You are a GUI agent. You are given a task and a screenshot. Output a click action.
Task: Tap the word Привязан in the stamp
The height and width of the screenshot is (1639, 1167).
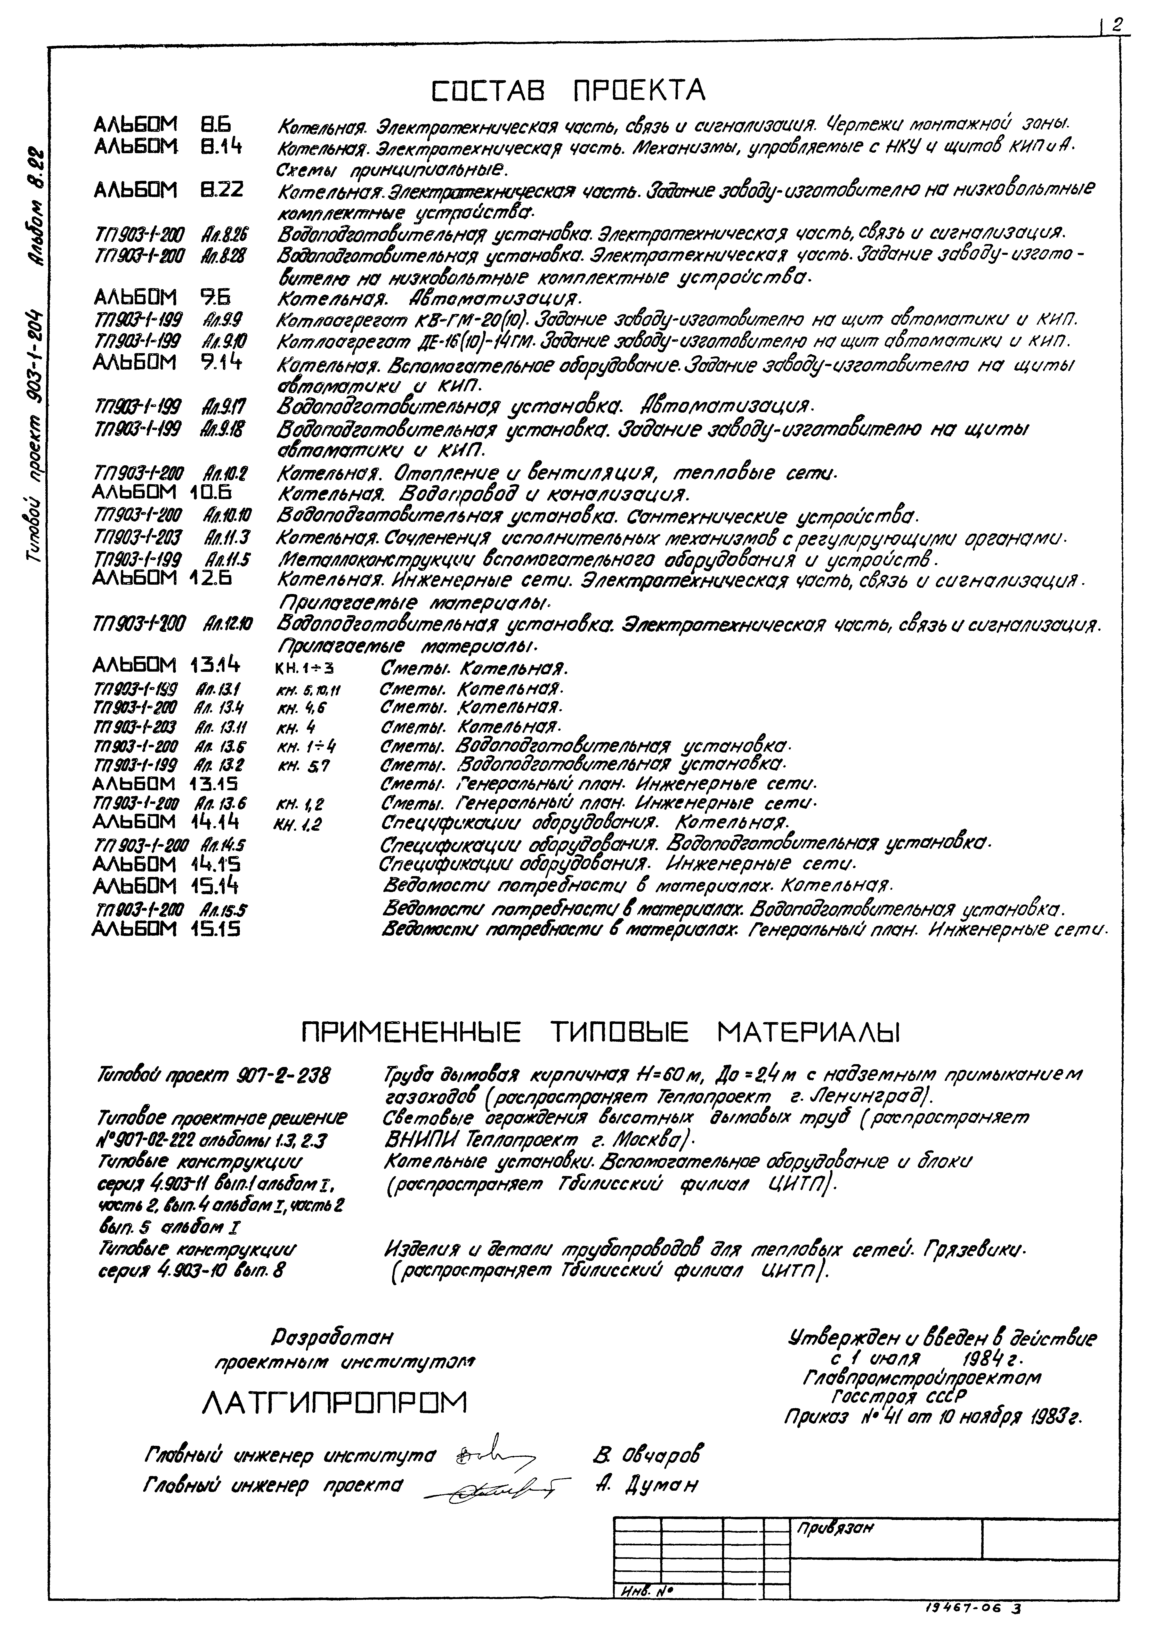coord(834,1528)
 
